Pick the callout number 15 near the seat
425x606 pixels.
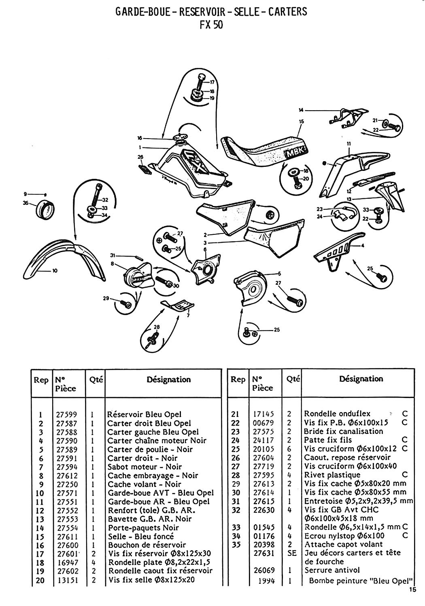coord(301,121)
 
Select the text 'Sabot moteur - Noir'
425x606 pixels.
coord(144,467)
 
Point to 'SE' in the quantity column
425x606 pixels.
coord(292,553)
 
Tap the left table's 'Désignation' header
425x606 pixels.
coord(168,379)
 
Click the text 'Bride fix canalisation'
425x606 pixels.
coord(343,431)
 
